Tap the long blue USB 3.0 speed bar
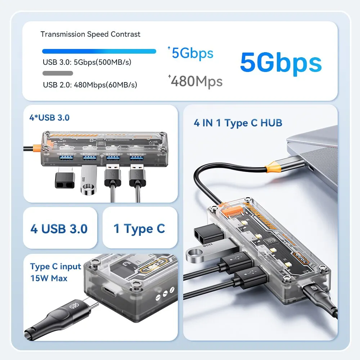pos(99,51)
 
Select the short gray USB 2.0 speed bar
pos(58,73)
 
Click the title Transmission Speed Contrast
pos(90,34)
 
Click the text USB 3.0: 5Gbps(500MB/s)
pos(87,62)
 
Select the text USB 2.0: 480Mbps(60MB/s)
pos(90,85)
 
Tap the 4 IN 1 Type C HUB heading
pos(238,123)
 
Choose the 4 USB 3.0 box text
pos(59,229)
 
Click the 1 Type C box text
pos(139,229)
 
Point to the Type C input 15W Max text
pos(55,272)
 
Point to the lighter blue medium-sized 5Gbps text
pos(192,53)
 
